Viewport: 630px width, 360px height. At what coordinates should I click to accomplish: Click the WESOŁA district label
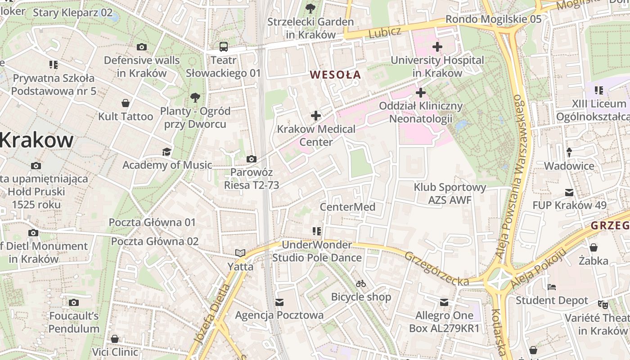(336, 75)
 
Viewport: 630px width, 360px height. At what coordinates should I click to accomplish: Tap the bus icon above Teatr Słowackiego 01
(224, 47)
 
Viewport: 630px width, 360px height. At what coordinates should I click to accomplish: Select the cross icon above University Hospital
(437, 47)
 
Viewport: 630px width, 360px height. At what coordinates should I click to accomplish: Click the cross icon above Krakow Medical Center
(316, 116)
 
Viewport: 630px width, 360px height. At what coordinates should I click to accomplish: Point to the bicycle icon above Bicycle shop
(361, 283)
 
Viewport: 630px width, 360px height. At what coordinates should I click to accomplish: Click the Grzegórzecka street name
(436, 269)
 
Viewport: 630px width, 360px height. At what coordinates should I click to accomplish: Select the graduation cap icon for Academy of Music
(167, 152)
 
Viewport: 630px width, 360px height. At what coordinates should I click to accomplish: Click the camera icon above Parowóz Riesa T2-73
(252, 159)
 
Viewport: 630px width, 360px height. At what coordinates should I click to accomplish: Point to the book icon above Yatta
(240, 253)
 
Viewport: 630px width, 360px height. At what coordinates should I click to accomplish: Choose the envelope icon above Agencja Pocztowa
(279, 302)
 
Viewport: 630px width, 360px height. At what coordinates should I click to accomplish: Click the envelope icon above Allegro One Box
(444, 302)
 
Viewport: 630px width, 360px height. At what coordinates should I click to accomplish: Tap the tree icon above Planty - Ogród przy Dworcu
(195, 97)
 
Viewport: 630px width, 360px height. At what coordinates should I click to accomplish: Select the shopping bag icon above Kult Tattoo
(126, 103)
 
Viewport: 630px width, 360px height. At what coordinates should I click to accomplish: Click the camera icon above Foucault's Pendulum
(74, 302)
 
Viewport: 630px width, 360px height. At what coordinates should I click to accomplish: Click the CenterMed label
(347, 207)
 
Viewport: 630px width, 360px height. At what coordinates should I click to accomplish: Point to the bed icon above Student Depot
(552, 287)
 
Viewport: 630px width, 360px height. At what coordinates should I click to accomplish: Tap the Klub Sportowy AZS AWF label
(450, 193)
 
